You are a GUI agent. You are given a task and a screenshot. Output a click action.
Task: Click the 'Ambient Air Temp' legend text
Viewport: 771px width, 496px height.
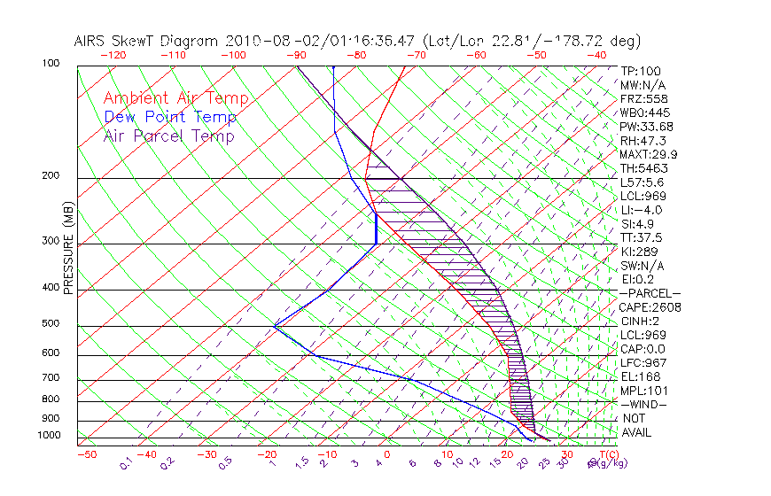[175, 98]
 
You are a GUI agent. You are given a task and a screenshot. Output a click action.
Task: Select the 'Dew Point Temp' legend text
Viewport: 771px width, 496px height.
[170, 117]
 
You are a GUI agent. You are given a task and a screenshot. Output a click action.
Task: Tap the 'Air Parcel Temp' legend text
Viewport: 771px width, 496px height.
[168, 136]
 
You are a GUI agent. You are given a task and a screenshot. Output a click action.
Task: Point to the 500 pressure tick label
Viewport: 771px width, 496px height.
[51, 324]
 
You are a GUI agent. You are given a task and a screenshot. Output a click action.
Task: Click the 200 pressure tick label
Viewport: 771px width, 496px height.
[51, 176]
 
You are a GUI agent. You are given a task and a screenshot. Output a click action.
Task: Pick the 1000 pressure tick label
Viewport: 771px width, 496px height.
[49, 436]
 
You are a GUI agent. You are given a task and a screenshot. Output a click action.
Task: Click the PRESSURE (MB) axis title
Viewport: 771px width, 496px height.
[67, 250]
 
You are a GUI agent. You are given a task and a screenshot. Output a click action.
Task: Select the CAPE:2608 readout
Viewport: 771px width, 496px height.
[648, 307]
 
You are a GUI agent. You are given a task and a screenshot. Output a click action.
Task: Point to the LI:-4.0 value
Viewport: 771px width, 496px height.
[641, 210]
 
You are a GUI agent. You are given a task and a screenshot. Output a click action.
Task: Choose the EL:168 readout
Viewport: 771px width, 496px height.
[637, 376]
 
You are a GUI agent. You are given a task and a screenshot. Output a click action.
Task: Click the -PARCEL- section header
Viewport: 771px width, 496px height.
[650, 293]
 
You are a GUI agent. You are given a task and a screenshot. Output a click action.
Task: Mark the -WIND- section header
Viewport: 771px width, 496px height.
[643, 404]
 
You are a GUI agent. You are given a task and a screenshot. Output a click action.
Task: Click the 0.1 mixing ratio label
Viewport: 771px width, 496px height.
[126, 462]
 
